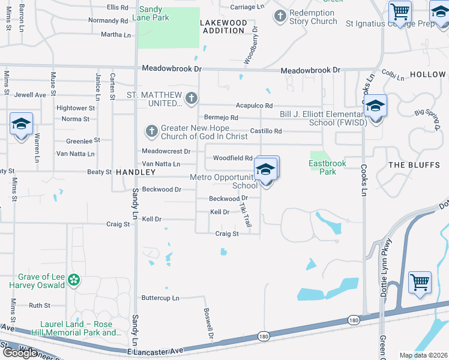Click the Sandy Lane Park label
click(154, 13)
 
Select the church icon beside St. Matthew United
click(191, 98)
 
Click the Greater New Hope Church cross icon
click(151, 130)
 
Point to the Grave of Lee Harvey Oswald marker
click(74, 280)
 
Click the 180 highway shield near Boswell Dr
click(264, 338)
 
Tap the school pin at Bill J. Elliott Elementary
click(375, 107)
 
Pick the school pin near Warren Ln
click(21, 125)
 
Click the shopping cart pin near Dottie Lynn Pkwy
click(420, 282)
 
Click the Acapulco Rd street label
click(254, 105)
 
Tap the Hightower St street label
click(76, 108)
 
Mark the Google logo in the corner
click(20, 353)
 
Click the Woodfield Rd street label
click(232, 158)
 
